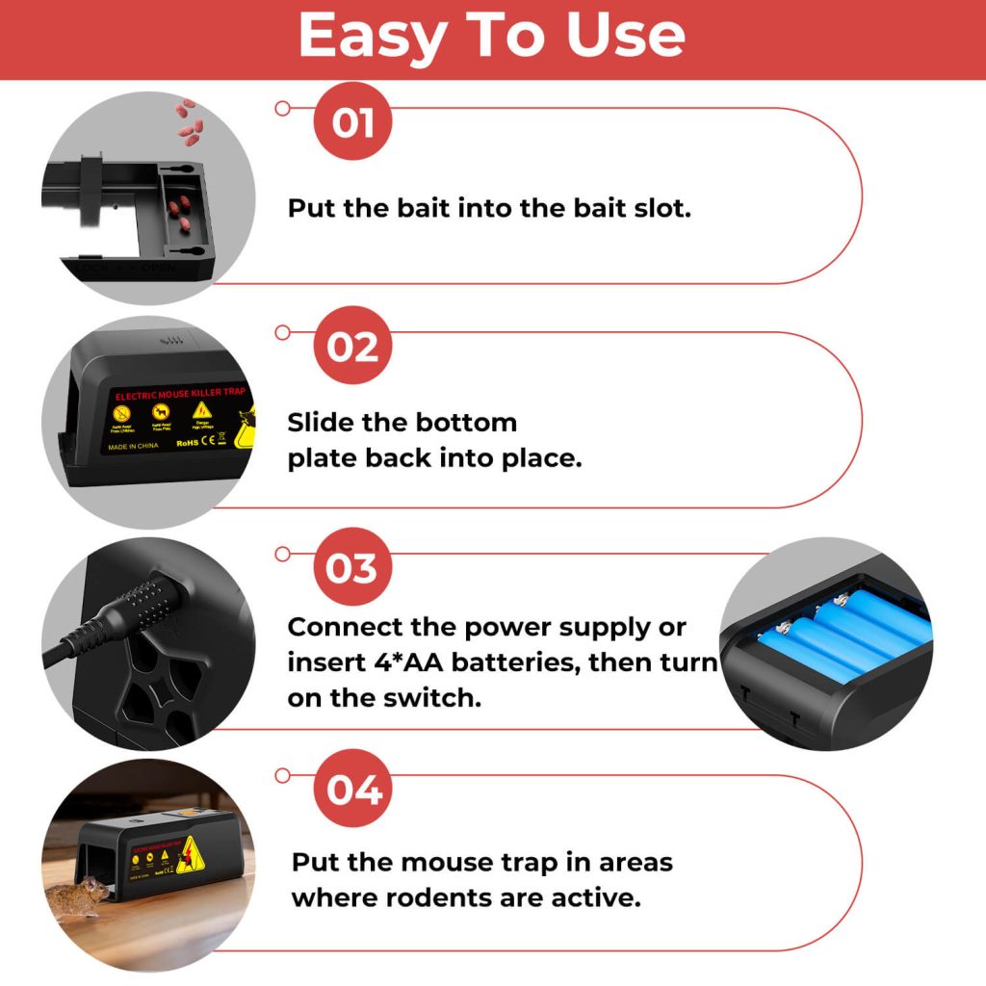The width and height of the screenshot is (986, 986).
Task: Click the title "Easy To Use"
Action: (x=492, y=38)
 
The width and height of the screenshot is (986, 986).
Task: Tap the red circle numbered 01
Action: (x=352, y=122)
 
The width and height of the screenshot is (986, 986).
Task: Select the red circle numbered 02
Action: (x=352, y=346)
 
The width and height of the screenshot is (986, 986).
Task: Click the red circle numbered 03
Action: (x=352, y=568)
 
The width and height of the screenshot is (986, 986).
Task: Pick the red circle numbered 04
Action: (x=352, y=790)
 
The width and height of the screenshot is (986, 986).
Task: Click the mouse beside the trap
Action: (x=78, y=894)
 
